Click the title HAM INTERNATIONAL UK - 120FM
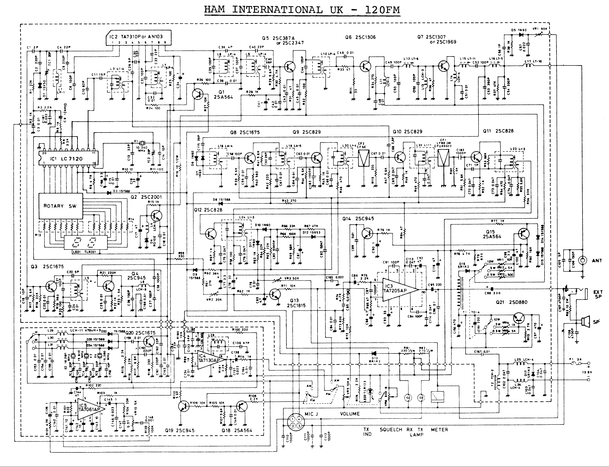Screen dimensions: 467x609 pyautogui.click(x=302, y=10)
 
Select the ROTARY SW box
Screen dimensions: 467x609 pyautogui.click(x=61, y=206)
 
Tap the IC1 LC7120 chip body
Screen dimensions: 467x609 pyautogui.click(x=68, y=159)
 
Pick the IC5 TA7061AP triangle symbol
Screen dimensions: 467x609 pyautogui.click(x=90, y=409)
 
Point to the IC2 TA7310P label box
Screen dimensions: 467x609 pyautogui.click(x=138, y=37)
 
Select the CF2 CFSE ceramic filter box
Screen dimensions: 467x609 pyautogui.click(x=364, y=158)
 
